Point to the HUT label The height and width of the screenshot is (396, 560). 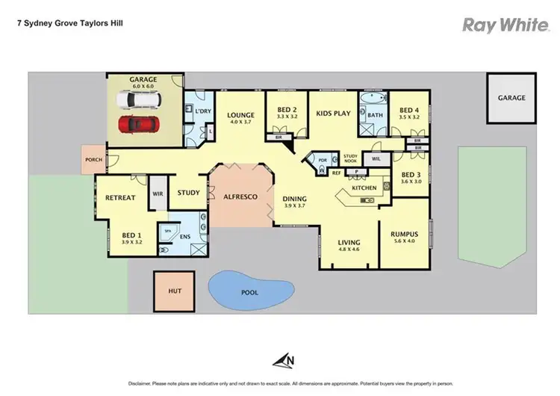(x=175, y=291)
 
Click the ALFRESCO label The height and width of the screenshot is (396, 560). (x=241, y=196)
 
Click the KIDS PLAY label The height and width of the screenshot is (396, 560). (x=333, y=113)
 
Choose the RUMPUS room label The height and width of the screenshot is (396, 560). (x=404, y=235)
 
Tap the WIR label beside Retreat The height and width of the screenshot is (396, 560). (x=158, y=193)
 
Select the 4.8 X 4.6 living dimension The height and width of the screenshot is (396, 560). (x=348, y=251)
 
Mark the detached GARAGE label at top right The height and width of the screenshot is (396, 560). (x=511, y=98)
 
